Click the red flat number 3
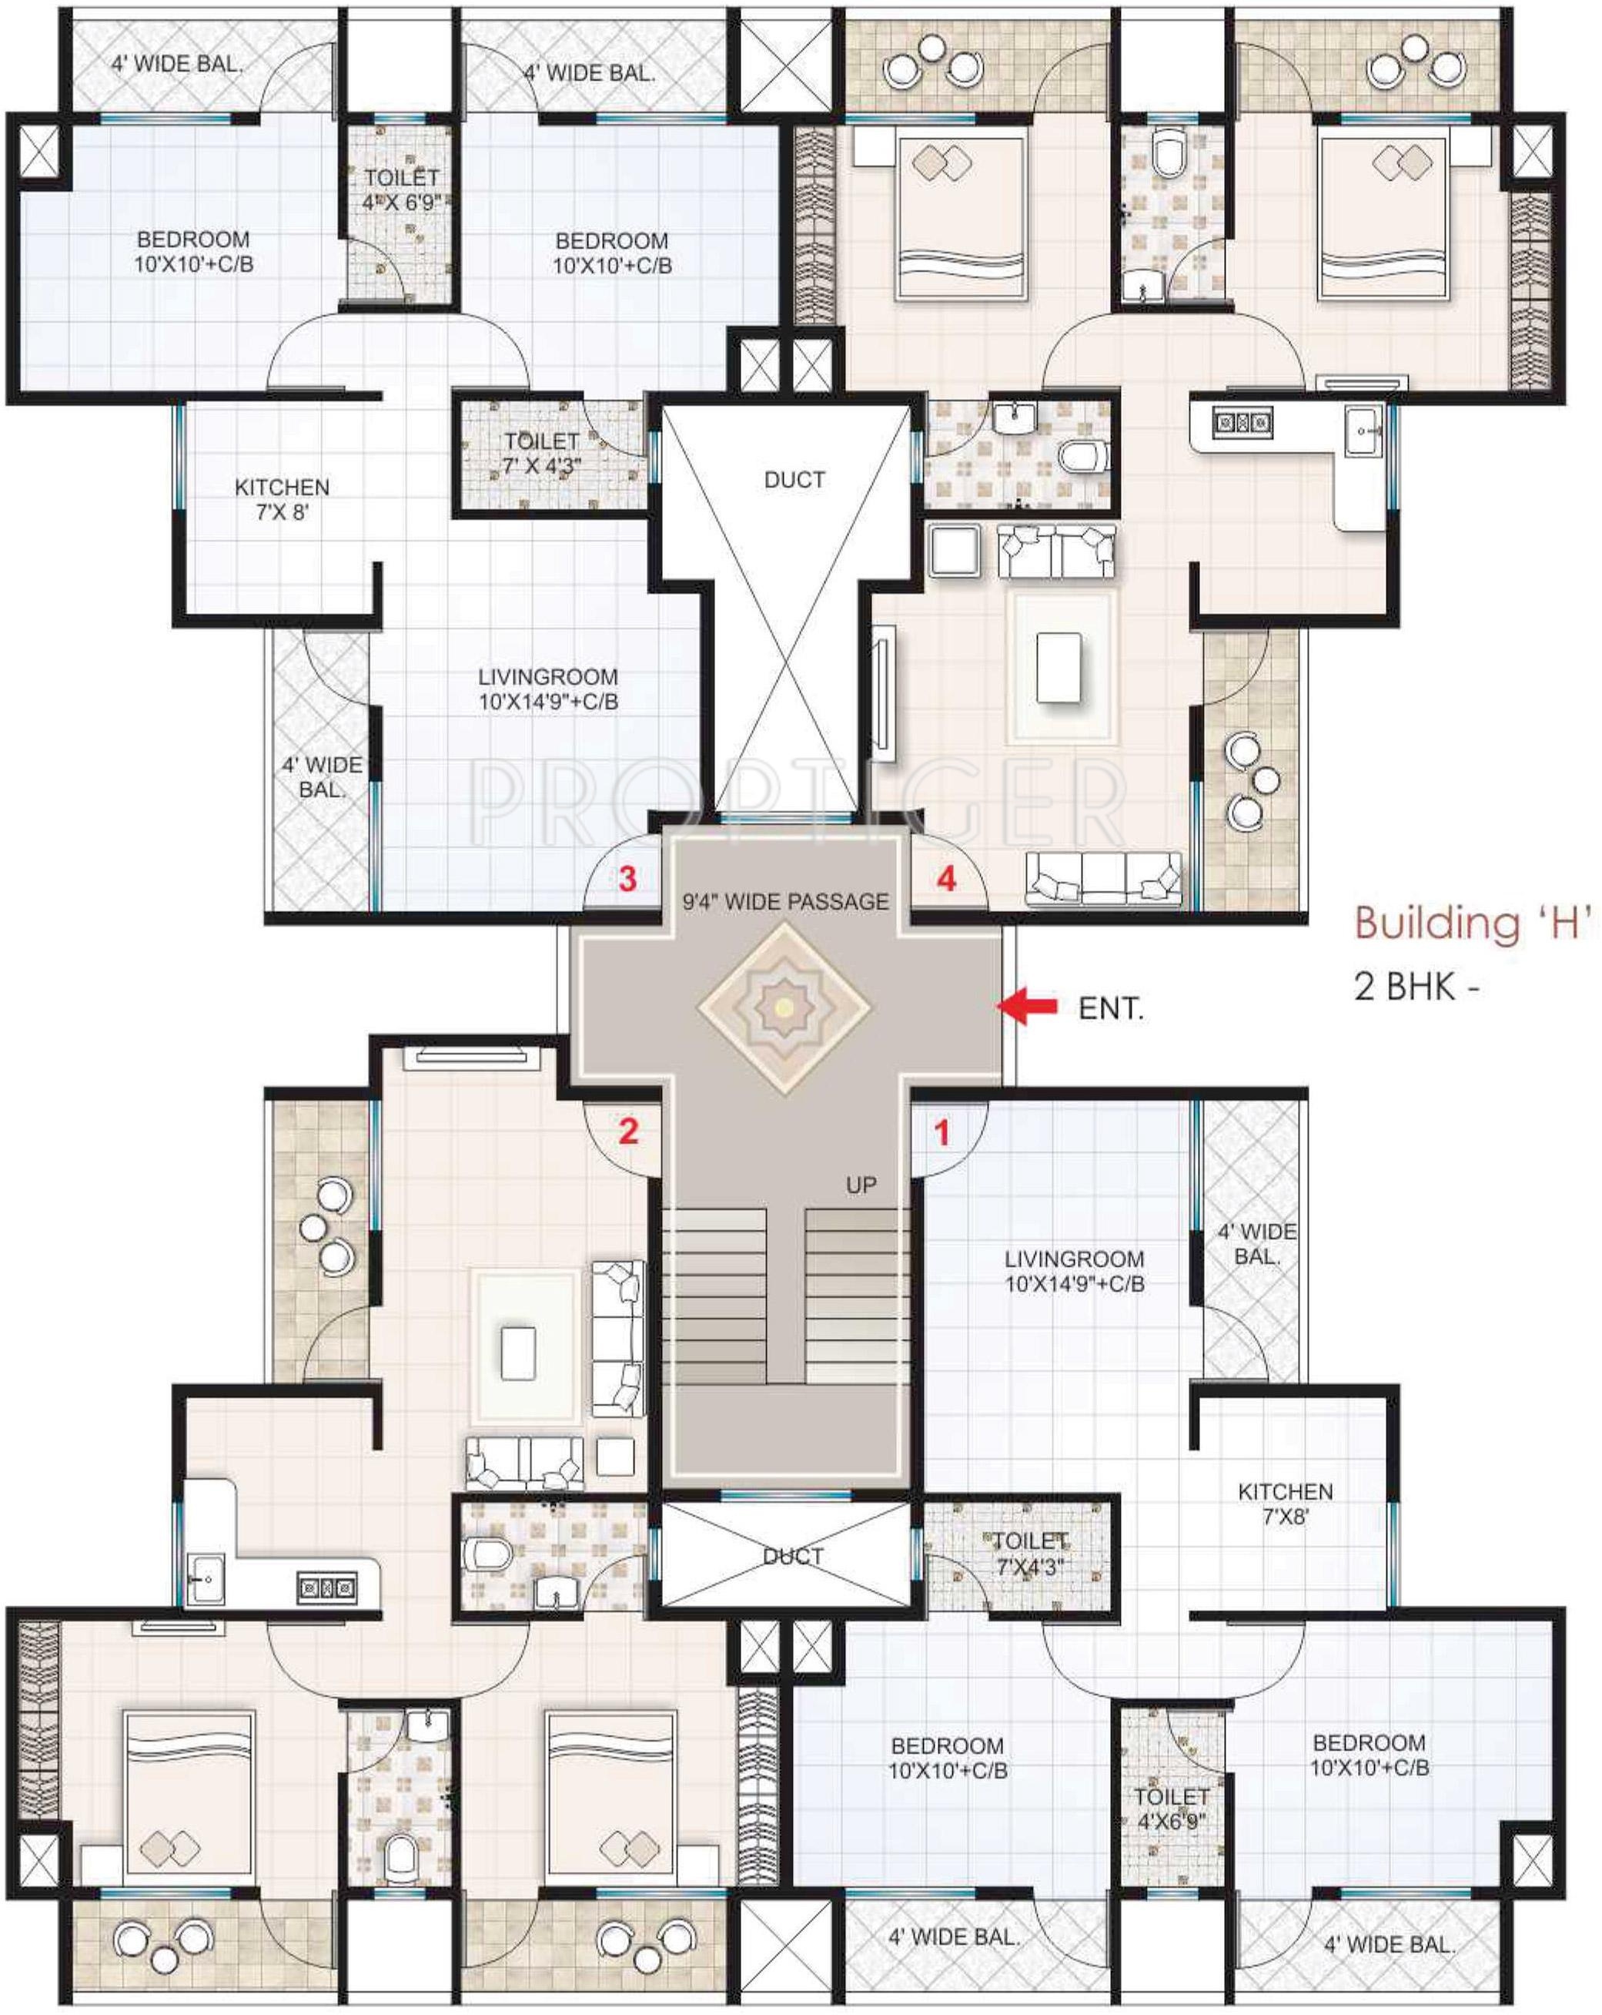(627, 879)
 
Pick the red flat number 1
(941, 1133)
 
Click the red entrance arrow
(1027, 1006)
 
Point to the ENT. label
(1111, 1008)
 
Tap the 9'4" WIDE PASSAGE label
(785, 902)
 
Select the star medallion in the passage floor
(784, 1007)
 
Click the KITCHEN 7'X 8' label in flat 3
(282, 499)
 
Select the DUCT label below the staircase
(792, 1555)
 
